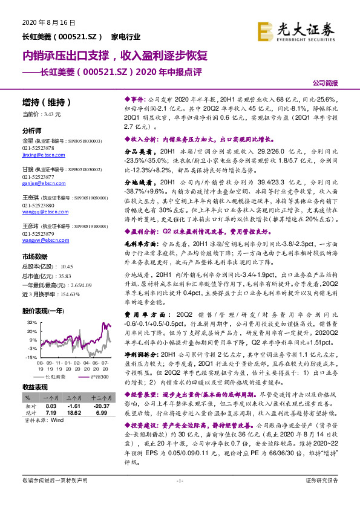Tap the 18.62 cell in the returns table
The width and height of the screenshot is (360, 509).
tap(73, 412)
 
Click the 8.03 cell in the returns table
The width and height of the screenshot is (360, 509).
tap(51, 406)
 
